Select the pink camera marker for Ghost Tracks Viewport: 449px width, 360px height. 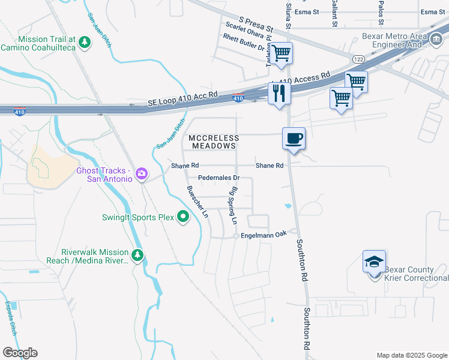[x=142, y=174]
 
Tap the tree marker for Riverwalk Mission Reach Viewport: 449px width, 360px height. [x=138, y=256]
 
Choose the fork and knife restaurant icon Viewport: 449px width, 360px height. [x=279, y=93]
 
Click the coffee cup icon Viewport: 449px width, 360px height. [x=294, y=138]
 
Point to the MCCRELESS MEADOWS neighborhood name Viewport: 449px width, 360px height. [x=214, y=142]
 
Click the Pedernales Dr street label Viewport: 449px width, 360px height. [x=219, y=178]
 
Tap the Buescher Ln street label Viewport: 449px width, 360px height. [x=197, y=202]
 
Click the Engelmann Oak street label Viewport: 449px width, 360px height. [x=265, y=236]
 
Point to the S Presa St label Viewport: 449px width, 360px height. [x=256, y=25]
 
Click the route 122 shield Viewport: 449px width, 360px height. [x=358, y=59]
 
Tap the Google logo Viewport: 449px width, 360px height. [x=20, y=353]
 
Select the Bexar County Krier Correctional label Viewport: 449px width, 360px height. [x=416, y=274]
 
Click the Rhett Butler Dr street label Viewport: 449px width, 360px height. [x=244, y=40]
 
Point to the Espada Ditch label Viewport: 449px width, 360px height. [x=11, y=317]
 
